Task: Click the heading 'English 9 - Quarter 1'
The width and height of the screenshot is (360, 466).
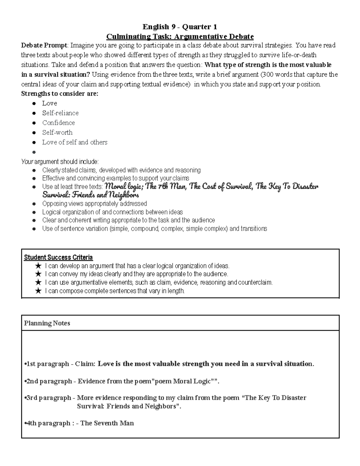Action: point(180,27)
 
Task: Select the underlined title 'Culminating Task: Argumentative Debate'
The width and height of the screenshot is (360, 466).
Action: point(180,37)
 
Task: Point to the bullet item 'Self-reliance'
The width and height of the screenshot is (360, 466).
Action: point(60,113)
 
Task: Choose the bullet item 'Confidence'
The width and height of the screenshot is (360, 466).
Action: point(58,123)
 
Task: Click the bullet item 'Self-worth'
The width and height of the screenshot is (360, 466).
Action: point(57,133)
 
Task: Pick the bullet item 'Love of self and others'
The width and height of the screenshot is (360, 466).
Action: point(75,142)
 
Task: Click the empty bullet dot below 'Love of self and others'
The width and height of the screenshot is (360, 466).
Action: point(34,152)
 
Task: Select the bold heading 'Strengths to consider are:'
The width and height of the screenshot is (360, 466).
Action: point(60,94)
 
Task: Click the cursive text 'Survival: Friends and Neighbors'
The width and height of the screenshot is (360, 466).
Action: point(91,195)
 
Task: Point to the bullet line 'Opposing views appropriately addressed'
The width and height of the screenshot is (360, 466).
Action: point(94,204)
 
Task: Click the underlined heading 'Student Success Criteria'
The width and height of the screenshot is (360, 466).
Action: point(58,257)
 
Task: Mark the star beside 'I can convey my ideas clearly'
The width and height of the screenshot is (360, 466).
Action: point(38,274)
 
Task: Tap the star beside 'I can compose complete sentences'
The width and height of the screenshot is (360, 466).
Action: point(38,291)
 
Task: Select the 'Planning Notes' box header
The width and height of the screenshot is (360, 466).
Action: point(47,323)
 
